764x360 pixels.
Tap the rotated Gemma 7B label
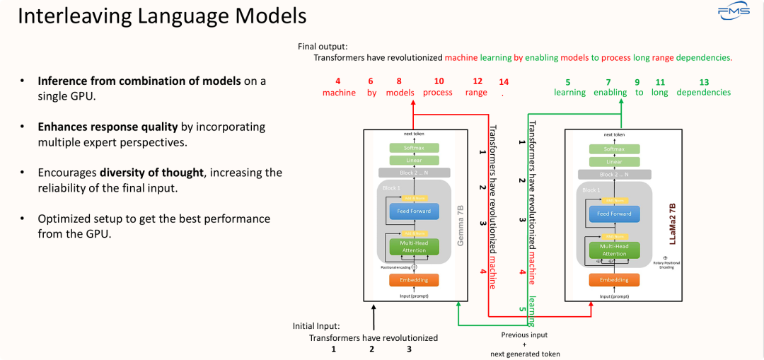point(461,225)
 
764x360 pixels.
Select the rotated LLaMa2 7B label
point(671,223)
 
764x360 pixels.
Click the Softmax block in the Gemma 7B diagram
point(414,148)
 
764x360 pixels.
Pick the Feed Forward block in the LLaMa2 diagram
point(613,214)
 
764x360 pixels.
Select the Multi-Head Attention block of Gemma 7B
point(414,247)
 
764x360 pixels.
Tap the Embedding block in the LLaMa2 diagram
point(613,279)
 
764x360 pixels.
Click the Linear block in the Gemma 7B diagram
point(414,160)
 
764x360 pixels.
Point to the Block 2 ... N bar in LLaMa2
point(613,174)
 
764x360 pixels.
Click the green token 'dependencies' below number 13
point(703,93)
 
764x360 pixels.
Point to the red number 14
point(504,82)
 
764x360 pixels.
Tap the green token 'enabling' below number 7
point(610,93)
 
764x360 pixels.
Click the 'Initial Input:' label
point(316,326)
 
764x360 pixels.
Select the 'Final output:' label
point(323,47)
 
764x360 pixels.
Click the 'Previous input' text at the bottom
point(524,335)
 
